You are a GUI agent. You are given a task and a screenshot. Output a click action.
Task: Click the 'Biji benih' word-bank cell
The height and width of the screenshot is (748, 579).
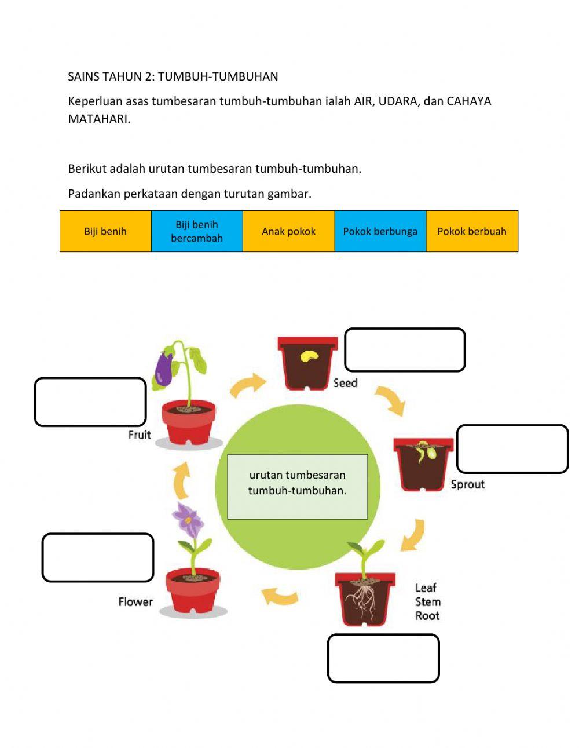click(105, 231)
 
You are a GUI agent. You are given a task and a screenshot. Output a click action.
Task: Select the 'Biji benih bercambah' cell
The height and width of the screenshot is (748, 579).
click(197, 231)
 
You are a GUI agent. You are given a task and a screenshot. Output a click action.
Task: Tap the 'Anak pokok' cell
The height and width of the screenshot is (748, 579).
click(288, 231)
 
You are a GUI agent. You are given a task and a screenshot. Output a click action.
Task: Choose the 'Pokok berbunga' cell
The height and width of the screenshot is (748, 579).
click(380, 231)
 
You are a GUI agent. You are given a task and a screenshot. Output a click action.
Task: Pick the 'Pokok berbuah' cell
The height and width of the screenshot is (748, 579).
click(472, 231)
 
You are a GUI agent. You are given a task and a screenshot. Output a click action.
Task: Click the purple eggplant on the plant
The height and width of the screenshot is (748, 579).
click(164, 370)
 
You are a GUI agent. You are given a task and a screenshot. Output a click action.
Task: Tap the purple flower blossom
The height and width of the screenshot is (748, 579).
click(189, 520)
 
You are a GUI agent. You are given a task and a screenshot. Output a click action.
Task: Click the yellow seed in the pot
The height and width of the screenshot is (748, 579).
click(309, 355)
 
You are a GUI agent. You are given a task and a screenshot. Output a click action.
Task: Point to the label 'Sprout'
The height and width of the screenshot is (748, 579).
click(468, 484)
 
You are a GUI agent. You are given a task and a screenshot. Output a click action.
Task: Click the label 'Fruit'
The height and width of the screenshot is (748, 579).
click(140, 435)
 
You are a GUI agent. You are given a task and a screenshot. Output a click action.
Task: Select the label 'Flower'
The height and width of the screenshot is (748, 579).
click(135, 602)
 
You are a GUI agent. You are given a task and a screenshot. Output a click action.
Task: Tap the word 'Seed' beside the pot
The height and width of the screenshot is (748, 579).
click(345, 383)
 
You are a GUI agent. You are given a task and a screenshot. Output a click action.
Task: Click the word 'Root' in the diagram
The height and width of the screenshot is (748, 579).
click(427, 616)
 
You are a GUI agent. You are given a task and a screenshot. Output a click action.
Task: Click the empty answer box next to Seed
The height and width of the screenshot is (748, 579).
click(405, 350)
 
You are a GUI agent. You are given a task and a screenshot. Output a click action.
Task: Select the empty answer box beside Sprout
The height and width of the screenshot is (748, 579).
click(512, 449)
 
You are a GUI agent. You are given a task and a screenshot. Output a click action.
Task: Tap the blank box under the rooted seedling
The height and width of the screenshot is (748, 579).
click(383, 658)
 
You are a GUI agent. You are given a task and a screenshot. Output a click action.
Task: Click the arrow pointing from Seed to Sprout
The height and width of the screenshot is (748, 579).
click(390, 400)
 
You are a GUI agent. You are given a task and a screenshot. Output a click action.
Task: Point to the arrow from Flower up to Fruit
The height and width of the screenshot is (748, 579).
click(182, 480)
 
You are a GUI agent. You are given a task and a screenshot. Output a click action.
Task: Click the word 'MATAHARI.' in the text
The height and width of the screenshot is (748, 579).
click(99, 119)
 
